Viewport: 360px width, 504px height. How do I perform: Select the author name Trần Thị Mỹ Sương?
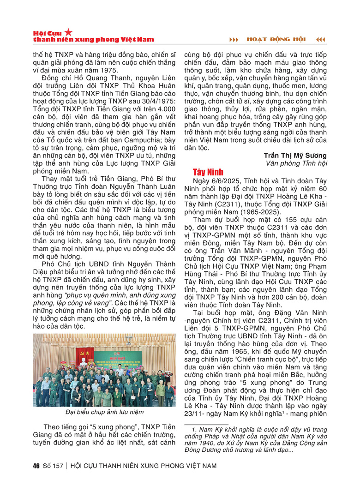[x=302, y=155]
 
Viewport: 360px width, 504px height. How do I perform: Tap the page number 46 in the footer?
[x=37, y=465]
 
